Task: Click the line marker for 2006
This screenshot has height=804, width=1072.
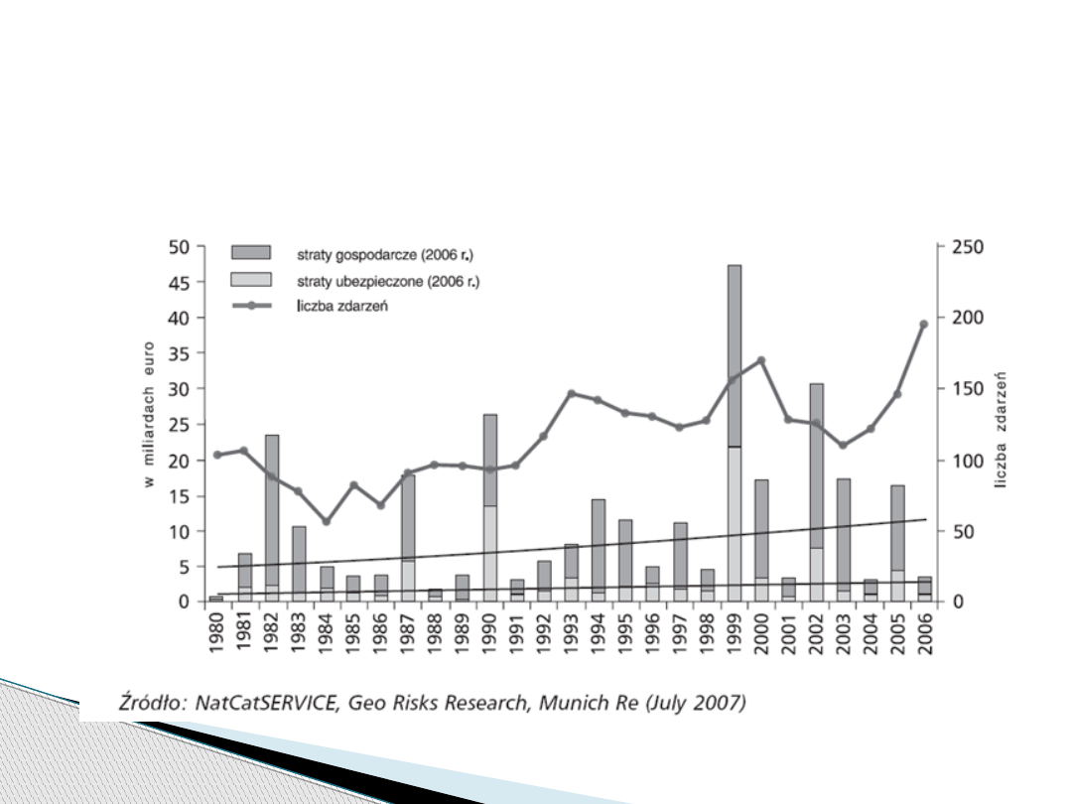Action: click(923, 324)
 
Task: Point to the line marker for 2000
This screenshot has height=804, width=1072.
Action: click(761, 360)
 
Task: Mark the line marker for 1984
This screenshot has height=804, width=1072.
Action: click(327, 521)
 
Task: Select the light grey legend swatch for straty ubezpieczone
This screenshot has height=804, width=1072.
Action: click(251, 279)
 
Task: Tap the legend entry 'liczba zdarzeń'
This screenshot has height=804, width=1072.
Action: click(341, 306)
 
